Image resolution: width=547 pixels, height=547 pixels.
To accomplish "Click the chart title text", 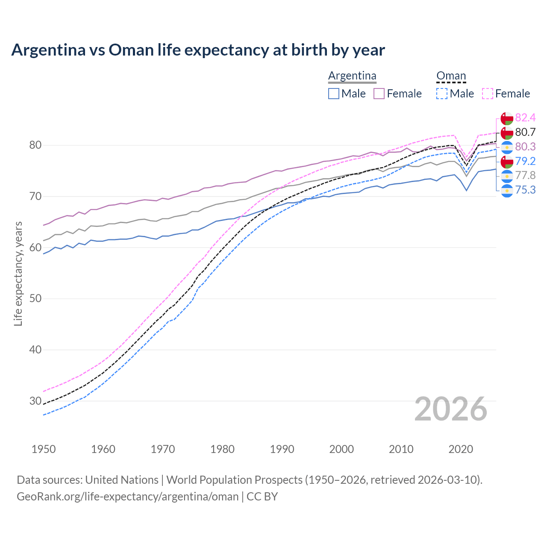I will (198, 50).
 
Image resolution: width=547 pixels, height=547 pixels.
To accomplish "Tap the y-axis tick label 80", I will (35, 145).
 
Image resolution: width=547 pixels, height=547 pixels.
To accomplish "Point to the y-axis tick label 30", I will (35, 401).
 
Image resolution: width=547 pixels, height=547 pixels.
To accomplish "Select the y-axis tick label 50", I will (35, 299).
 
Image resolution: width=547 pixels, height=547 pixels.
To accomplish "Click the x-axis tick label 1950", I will (44, 449).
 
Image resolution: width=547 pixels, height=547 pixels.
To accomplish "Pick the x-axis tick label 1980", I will (222, 449).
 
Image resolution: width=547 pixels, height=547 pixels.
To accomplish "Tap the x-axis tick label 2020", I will (461, 449).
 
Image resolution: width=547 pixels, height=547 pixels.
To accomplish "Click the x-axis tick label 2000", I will (341, 449).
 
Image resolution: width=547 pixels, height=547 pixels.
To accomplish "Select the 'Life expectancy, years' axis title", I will (18, 273).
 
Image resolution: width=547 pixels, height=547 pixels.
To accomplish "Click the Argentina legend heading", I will (352, 76).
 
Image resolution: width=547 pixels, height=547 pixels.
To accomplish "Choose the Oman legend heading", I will (451, 76).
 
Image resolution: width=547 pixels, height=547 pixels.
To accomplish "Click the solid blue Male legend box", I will (334, 94).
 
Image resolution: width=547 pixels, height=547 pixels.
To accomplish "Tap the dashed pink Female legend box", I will (488, 94).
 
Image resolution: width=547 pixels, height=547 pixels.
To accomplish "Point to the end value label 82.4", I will (525, 118).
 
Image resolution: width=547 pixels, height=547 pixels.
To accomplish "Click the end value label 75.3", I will (525, 190).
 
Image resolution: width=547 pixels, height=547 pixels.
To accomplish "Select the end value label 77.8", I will (525, 175).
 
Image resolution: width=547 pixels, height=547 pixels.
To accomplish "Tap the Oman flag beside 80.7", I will (507, 132).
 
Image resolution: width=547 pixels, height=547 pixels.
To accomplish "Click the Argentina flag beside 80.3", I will (507, 147).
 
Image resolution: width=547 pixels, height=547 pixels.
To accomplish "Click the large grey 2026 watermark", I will (450, 409).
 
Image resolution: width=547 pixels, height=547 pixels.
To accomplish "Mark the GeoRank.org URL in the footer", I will (127, 497).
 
